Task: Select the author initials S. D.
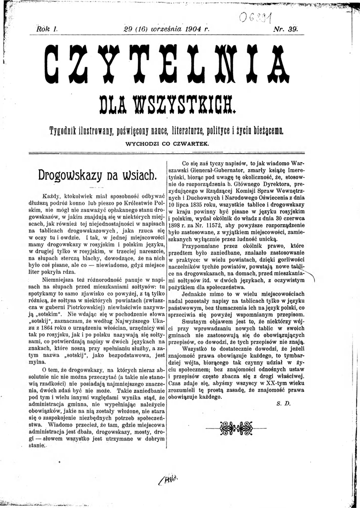click(282, 404)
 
